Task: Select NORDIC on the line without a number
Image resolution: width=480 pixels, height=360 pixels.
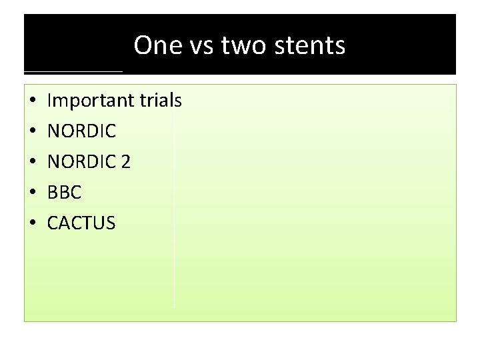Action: (x=81, y=131)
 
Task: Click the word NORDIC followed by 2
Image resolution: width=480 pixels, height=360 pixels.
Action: (x=81, y=162)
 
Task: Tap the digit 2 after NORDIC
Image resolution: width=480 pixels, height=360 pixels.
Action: (x=125, y=162)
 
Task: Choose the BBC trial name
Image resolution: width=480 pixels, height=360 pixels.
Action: (x=64, y=193)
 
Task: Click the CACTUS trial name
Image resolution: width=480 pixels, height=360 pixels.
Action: (x=81, y=223)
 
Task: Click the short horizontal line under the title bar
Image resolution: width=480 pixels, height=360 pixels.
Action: (x=73, y=71)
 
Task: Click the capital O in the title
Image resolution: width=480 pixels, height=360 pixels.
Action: (x=143, y=45)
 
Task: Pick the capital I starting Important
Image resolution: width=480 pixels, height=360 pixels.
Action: (x=50, y=101)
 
